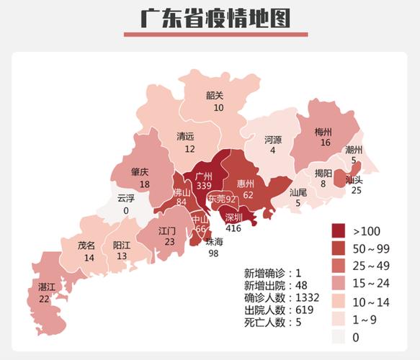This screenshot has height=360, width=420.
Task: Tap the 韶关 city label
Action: pos(215,95)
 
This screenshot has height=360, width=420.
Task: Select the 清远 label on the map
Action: pos(186,136)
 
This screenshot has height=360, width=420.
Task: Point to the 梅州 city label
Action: pos(323,132)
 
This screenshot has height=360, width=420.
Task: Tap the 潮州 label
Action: pos(354,149)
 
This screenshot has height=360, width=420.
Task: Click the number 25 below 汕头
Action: pos(356,191)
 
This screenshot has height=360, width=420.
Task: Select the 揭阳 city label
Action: pos(323,174)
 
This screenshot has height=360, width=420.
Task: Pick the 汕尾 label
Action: pos(299,192)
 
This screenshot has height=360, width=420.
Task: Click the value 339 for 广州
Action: pos(203,186)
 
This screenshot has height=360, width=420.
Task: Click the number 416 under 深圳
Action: pos(233,228)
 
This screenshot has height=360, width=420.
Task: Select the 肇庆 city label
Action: pos(140,173)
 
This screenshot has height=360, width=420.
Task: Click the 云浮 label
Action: pos(127,199)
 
